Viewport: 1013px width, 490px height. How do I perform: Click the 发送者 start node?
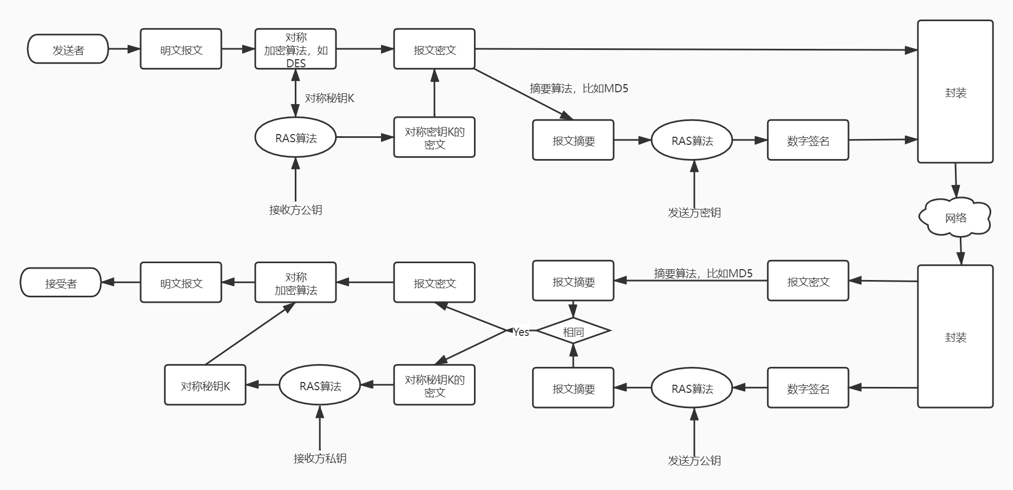[x=68, y=49]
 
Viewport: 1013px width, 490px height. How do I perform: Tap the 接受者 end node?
[x=60, y=283]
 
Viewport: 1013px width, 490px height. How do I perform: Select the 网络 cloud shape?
[x=955, y=218]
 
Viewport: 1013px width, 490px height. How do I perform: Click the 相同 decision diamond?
[x=573, y=331]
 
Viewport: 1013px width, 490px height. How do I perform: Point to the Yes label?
[x=521, y=332]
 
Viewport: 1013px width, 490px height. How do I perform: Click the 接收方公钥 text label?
[x=295, y=210]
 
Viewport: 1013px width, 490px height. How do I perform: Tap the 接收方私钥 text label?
[x=320, y=459]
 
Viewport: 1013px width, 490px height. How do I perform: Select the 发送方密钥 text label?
[x=694, y=213]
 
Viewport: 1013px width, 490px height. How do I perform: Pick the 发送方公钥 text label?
[x=694, y=461]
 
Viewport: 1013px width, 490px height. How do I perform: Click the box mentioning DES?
[x=295, y=49]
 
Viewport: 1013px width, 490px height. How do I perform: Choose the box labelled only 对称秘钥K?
[x=205, y=385]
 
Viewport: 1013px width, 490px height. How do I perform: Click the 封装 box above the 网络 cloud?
[x=955, y=92]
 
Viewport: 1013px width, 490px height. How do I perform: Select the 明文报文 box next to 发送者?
[x=181, y=49]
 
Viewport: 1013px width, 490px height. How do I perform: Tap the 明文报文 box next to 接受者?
[x=181, y=283]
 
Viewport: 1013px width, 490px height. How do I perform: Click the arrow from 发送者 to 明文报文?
[x=124, y=49]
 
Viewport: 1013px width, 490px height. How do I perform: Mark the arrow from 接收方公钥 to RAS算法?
[x=295, y=179]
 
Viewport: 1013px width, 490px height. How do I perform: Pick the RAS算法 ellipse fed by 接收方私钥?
[x=320, y=385]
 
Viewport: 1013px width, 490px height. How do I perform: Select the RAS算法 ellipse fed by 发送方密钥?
[x=692, y=141]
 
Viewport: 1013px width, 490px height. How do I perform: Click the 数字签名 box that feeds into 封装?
[x=808, y=141]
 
